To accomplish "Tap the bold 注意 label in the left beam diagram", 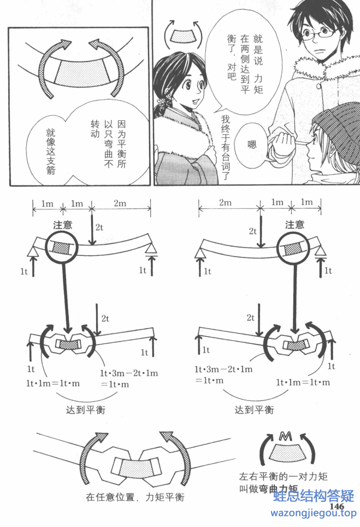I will tap(63, 225).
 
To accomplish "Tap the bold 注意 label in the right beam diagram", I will tap(295, 225).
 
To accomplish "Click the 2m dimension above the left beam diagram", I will tap(120, 203).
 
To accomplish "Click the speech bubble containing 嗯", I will tap(252, 144).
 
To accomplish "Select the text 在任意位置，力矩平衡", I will tap(134, 497).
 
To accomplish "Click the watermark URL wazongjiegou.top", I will tap(314, 513).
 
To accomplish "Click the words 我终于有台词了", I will tap(224, 148).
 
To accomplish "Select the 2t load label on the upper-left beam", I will tap(99, 226).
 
